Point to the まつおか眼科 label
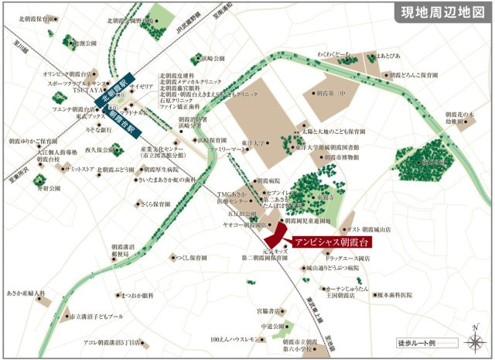tap(137, 296)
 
